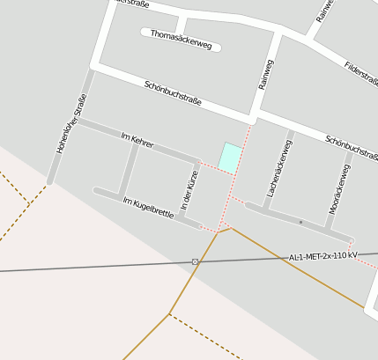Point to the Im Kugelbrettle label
(x=148, y=208)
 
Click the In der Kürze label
(x=189, y=189)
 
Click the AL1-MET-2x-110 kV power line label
(x=323, y=256)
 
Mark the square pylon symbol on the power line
(x=195, y=261)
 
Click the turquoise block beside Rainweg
(x=230, y=158)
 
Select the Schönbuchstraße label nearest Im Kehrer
(x=173, y=92)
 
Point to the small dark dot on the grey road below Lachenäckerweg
(x=300, y=222)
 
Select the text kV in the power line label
(x=352, y=254)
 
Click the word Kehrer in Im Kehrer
(x=142, y=141)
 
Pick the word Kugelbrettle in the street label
(x=153, y=209)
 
